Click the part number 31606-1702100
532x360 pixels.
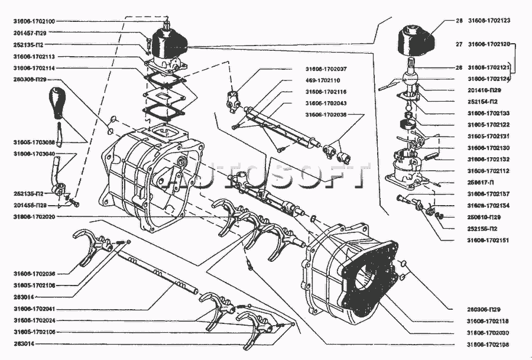point(34,21)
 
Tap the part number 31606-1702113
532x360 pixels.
point(34,57)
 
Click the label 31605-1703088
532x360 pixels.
point(34,142)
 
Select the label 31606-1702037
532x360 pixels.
point(326,69)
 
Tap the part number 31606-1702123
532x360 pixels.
point(489,21)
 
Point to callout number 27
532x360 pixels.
point(459,44)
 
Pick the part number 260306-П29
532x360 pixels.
point(484,309)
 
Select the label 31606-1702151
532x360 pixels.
point(489,241)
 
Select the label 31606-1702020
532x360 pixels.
point(34,216)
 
